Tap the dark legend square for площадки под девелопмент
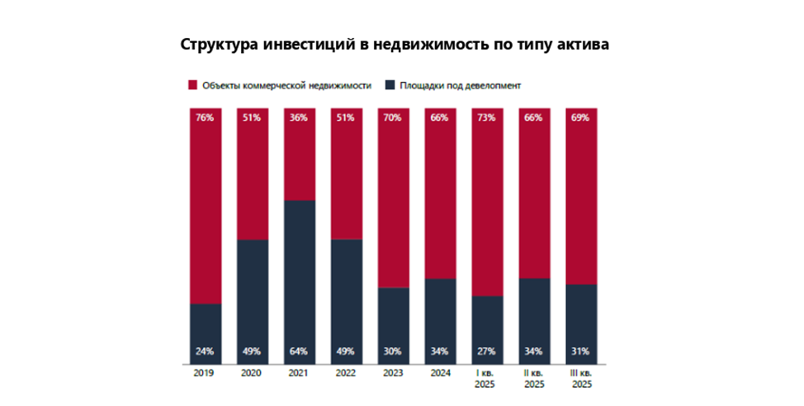(390, 85)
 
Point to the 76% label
(205, 118)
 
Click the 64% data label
(299, 351)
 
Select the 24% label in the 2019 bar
(205, 351)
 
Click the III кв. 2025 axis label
(581, 380)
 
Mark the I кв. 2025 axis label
(487, 380)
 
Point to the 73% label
(487, 118)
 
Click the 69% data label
(581, 118)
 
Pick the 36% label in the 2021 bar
(299, 118)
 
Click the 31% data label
(581, 351)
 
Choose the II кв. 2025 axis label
(534, 380)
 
